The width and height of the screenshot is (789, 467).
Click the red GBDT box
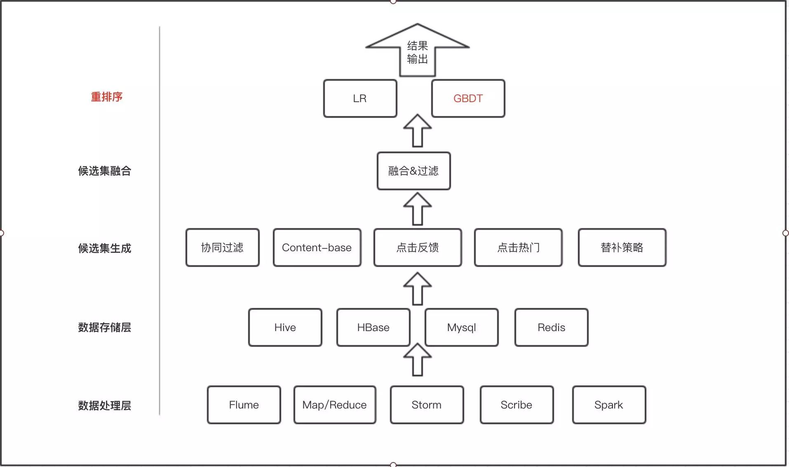[x=468, y=98]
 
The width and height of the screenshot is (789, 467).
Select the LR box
[x=360, y=98]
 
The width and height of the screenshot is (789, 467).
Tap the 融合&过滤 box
[x=413, y=171]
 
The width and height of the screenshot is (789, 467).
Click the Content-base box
[x=317, y=248]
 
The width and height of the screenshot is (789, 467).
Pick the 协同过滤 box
[x=222, y=248]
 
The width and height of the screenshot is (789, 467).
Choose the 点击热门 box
[x=518, y=248]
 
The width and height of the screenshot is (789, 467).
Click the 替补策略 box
[x=622, y=248]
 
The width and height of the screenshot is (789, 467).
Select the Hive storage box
[x=285, y=327]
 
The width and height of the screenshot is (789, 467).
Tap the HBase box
[x=373, y=327]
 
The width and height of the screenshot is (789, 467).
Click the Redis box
[x=551, y=327]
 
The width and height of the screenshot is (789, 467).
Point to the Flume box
[x=244, y=405]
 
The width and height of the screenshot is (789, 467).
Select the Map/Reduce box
[x=334, y=405]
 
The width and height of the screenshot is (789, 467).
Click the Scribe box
[x=516, y=405]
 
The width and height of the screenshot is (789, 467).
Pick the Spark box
[x=608, y=405]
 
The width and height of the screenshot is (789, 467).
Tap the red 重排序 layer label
[x=106, y=97]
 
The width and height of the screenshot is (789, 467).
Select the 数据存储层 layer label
[x=104, y=327]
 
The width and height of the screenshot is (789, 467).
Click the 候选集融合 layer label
[x=104, y=171]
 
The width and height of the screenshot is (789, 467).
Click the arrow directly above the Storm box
[x=417, y=360]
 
